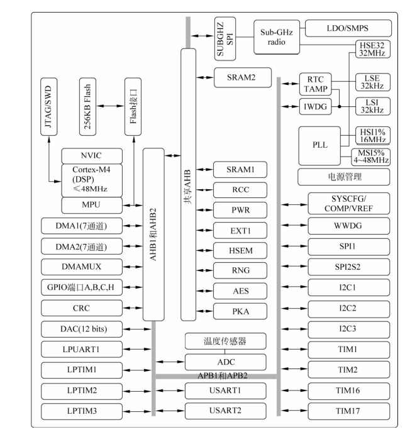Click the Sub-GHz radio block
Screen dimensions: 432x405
click(276, 37)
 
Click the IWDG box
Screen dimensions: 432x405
click(314, 106)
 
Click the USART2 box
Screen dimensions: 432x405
click(225, 411)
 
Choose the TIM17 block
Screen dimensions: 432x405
click(348, 411)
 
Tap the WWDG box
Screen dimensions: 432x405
click(348, 224)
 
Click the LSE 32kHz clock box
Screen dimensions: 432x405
click(367, 82)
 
